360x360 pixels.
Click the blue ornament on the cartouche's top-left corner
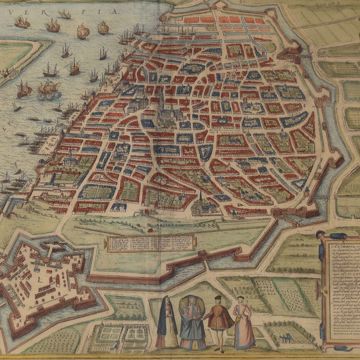[x=319, y=234]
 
